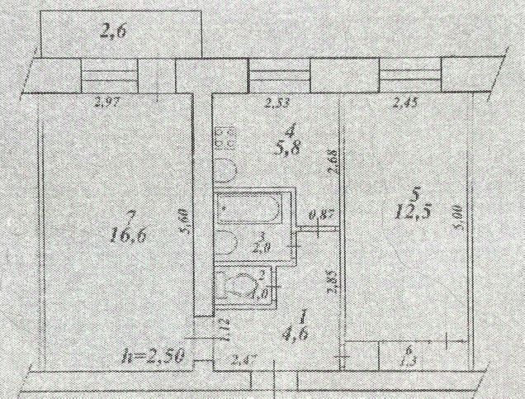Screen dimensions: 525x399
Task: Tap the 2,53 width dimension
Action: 277,103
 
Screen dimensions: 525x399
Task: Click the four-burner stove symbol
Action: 223,139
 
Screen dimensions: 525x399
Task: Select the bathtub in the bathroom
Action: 253,209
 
